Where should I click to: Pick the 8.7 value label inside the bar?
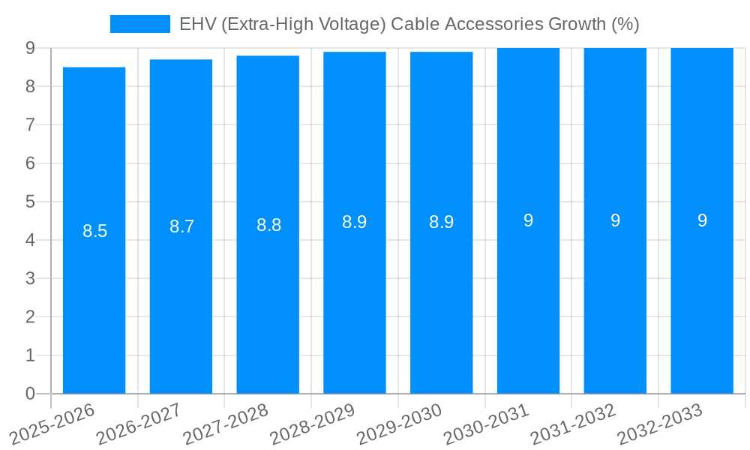[181, 226]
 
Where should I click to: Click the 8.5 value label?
[95, 231]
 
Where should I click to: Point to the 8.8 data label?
[268, 225]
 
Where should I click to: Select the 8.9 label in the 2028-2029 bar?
[354, 222]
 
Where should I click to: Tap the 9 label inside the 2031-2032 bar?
[615, 220]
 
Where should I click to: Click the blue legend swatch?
[140, 24]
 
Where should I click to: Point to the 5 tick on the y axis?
[30, 202]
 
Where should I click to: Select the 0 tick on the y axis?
[30, 394]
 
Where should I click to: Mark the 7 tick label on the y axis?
[30, 124]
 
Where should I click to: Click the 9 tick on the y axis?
[30, 48]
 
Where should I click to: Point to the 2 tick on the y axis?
[30, 317]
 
